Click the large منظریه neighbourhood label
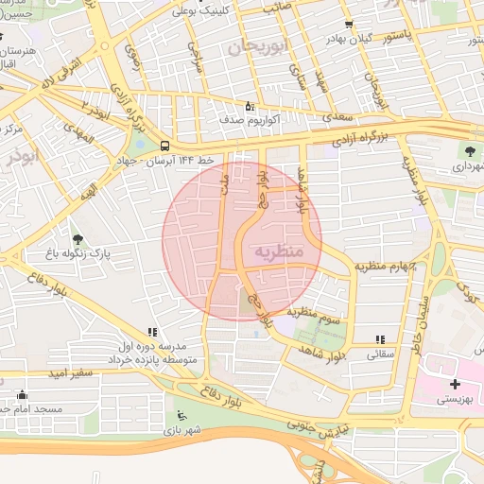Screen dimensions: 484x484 click(277, 252)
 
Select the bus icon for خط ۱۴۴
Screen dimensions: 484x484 click(165, 146)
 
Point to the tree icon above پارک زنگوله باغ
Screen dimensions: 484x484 click(78, 238)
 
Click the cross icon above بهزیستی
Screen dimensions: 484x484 click(455, 383)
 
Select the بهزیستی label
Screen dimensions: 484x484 click(455, 400)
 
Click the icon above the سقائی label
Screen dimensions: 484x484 click(380, 338)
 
